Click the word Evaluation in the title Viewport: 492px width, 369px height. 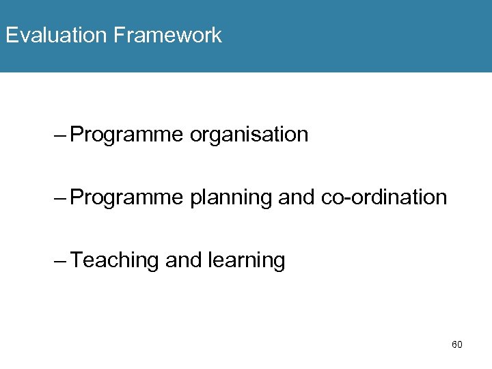pos(56,35)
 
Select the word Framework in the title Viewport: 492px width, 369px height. pos(167,35)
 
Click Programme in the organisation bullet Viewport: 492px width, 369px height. pos(126,135)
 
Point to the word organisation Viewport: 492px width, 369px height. pos(249,135)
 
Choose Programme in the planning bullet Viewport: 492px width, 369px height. pos(126,197)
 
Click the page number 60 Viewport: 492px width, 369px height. pos(457,344)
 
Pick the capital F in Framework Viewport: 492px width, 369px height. pos(120,35)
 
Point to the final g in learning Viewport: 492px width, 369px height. pos(279,262)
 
